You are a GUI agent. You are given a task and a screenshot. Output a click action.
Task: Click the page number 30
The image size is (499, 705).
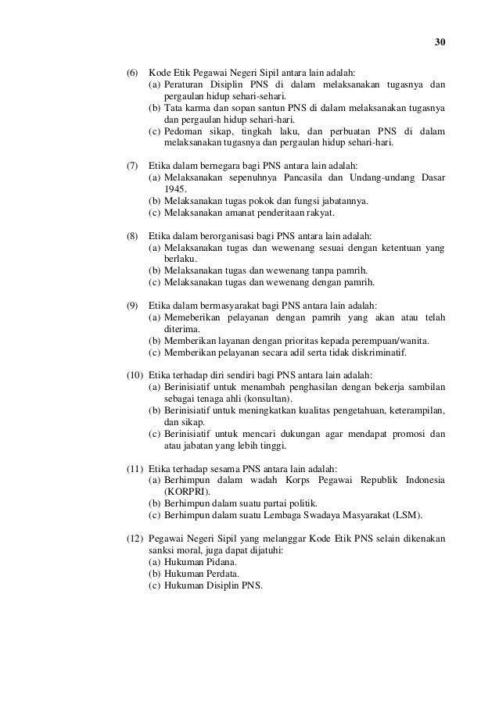point(440,42)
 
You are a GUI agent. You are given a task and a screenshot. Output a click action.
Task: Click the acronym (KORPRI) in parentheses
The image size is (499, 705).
point(186,492)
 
